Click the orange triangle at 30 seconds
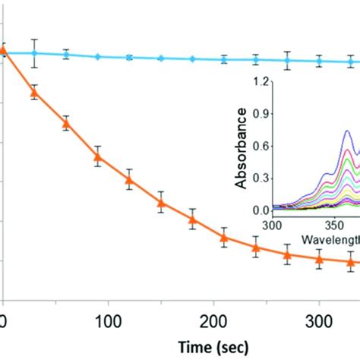pos(33,93)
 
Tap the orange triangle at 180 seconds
pos(192,220)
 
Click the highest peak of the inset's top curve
pos(348,131)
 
